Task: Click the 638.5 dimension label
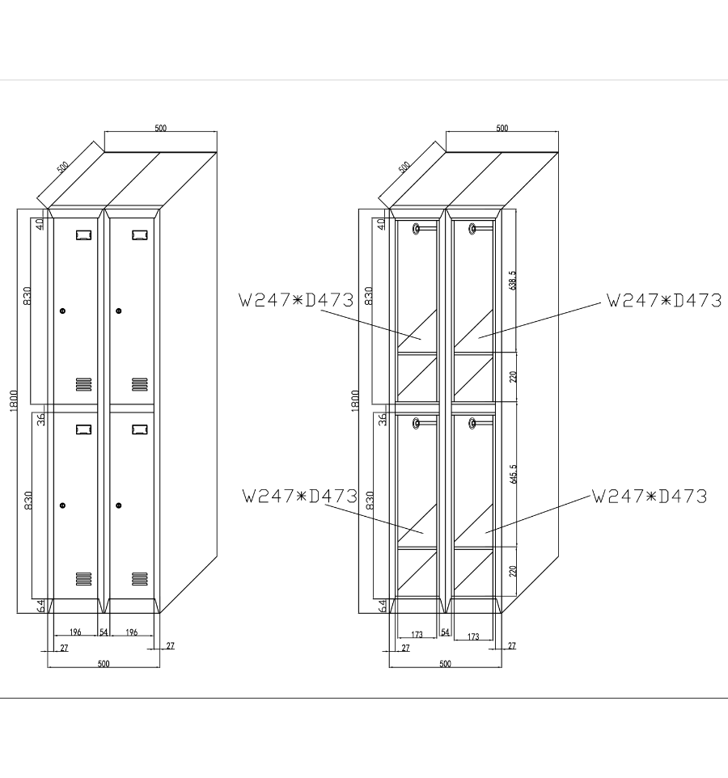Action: pos(513,281)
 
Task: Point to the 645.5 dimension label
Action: pos(513,474)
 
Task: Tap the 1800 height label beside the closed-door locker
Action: pos(14,400)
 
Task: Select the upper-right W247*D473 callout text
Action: pos(664,300)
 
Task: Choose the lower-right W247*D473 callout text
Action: pos(649,497)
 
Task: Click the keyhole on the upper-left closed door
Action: pos(62,311)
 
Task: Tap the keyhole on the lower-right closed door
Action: pos(119,505)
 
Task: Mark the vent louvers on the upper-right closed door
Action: pos(140,384)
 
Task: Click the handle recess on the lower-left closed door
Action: pos(84,429)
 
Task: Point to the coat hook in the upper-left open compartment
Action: pos(417,229)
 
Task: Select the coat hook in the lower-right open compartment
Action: pos(472,423)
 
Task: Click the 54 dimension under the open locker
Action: pos(445,632)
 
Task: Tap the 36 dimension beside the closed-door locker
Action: pos(41,419)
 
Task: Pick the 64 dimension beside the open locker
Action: pos(383,606)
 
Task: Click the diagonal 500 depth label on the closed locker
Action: pos(62,167)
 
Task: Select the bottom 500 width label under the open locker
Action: pos(445,664)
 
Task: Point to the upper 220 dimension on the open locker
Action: pos(513,377)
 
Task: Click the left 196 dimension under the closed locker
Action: pos(75,632)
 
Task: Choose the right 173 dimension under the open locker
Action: pos(473,636)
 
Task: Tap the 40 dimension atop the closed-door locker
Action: pos(40,224)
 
